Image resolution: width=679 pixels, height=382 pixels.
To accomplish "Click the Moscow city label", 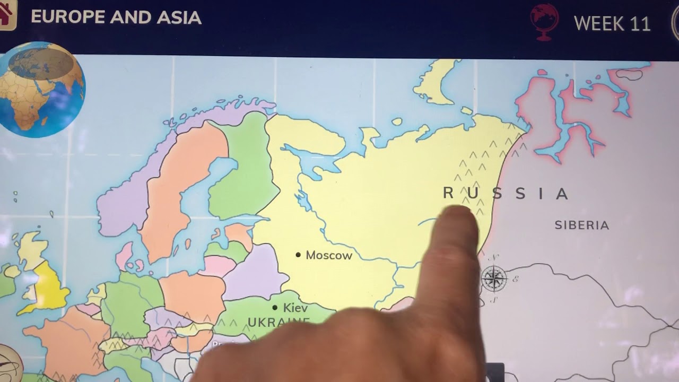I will [329, 256].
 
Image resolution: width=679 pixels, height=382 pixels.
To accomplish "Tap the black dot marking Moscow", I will [298, 255].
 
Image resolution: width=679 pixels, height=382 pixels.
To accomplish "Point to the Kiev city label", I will [295, 308].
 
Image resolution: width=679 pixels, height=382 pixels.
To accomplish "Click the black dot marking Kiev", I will [275, 308].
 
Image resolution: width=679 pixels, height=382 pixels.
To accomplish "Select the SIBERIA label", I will [581, 225].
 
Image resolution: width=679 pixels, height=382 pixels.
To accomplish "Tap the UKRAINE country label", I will [278, 322].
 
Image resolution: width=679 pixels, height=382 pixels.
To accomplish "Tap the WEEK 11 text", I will [612, 24].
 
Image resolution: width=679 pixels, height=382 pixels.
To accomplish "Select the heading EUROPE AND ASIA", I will [116, 18].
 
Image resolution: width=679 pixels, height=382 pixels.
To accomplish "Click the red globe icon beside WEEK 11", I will [544, 21].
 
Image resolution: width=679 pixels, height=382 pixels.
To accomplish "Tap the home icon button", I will [6, 15].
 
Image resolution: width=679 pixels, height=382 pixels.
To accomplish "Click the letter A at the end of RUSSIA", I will [562, 194].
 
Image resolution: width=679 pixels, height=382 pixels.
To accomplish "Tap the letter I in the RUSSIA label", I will [542, 194].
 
